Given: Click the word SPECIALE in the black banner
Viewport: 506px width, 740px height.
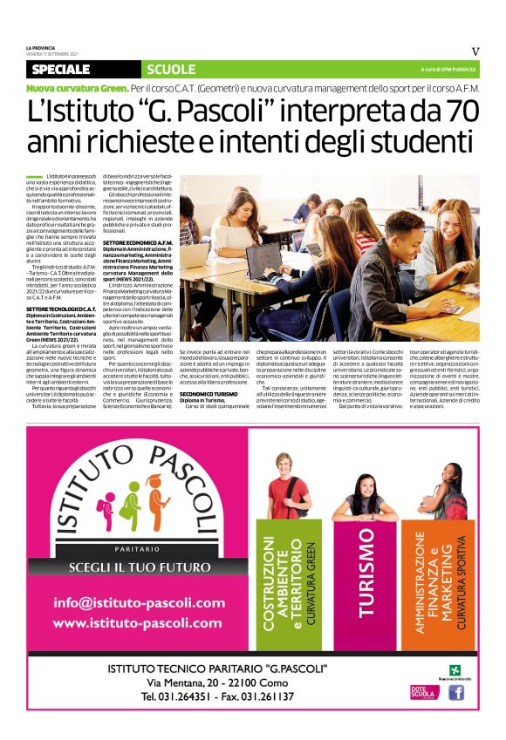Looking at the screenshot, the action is (x=60, y=69).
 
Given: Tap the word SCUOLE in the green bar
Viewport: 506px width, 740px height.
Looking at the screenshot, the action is (x=172, y=69).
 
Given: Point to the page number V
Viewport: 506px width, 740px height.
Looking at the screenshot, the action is (x=475, y=51).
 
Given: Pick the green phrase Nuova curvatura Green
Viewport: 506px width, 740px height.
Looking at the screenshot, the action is (x=77, y=89).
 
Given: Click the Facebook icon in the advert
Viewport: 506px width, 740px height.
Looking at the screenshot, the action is (x=455, y=693).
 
